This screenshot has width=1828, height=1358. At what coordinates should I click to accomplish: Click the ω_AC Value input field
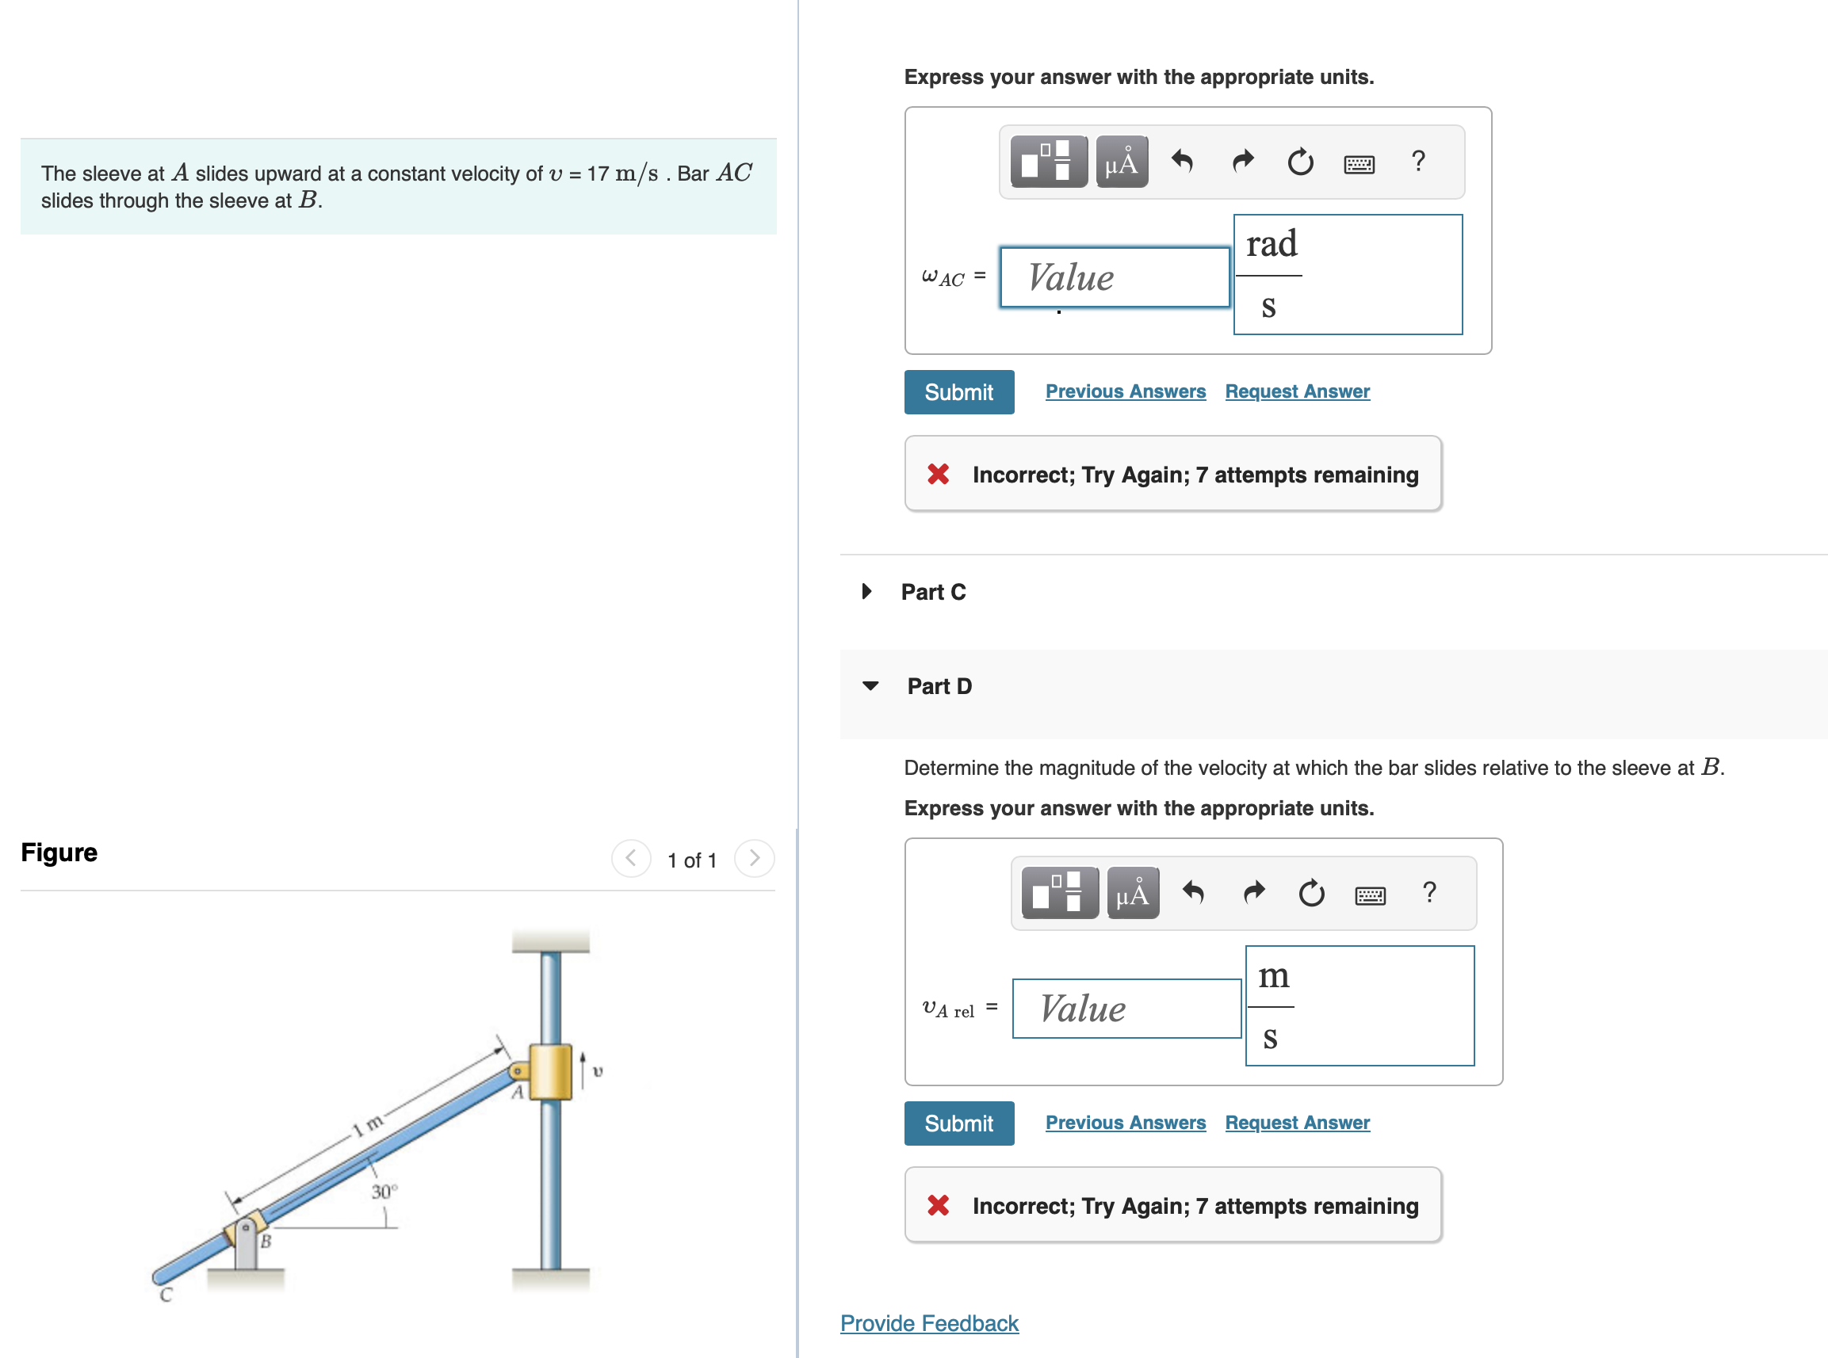(1114, 278)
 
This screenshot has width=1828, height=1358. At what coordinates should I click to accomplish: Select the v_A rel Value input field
(1126, 1009)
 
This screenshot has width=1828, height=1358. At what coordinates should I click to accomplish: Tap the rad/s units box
(1347, 275)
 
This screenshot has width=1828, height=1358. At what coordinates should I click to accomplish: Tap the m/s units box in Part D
(1359, 1005)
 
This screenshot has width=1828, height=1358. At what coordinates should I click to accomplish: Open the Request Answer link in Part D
(1297, 1123)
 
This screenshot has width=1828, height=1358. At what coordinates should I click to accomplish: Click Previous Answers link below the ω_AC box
(1125, 392)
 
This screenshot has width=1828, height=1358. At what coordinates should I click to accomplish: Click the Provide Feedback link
(928, 1322)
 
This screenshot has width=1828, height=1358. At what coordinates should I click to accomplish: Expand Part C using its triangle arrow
(866, 591)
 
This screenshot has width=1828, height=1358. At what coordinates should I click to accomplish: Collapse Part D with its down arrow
(870, 685)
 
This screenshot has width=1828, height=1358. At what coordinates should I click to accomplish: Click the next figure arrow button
(754, 859)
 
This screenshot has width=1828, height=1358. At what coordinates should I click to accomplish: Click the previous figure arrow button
(631, 859)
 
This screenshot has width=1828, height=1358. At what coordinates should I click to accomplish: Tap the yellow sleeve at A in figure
(550, 1071)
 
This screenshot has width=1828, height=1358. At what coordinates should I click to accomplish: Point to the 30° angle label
(384, 1191)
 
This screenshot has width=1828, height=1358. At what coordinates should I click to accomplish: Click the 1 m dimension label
(368, 1123)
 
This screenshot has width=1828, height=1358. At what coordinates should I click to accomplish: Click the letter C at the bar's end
(166, 1295)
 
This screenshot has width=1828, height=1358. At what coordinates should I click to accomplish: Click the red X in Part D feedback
(938, 1205)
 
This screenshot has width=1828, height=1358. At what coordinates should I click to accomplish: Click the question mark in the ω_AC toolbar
(1417, 161)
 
